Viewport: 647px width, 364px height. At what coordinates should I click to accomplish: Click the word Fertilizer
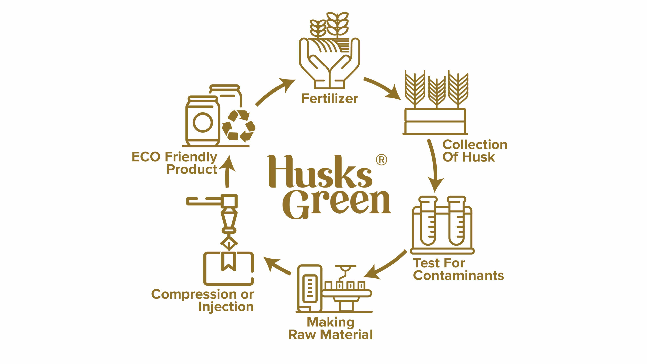coord(330,99)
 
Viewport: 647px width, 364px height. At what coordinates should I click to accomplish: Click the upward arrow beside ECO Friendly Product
coord(227,172)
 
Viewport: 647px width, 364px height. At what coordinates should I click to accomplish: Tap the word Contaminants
coord(458,276)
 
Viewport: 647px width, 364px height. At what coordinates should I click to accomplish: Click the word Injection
coord(226,307)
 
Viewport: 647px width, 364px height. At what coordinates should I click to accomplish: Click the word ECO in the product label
coord(146,157)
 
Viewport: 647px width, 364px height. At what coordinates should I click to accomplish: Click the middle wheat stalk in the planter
coord(437,92)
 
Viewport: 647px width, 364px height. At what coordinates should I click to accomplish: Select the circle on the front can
coord(203,122)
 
